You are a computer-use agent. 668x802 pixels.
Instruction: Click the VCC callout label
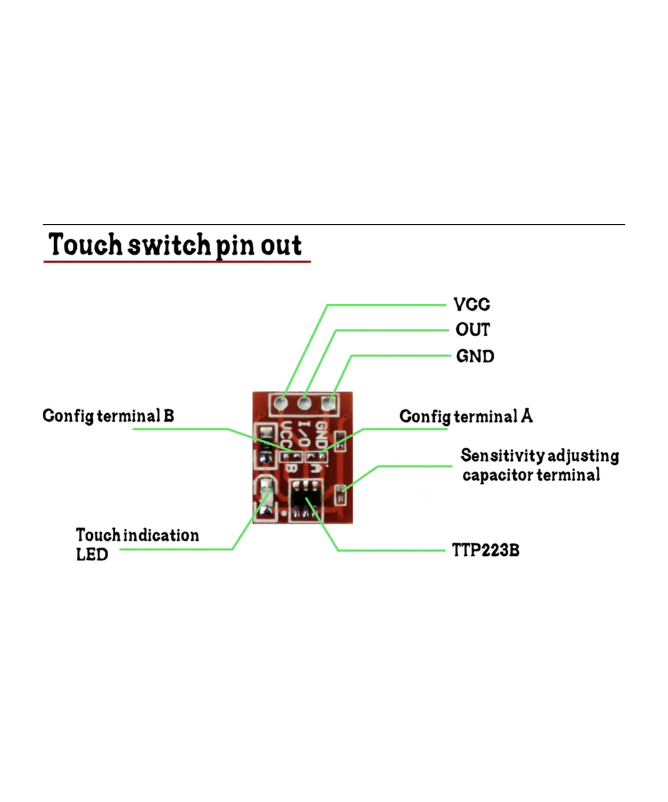[x=472, y=305]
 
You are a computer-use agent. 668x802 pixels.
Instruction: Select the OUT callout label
[x=472, y=330]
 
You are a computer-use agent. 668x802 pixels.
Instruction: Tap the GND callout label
[x=475, y=356]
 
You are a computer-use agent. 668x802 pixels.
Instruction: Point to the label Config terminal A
[x=466, y=417]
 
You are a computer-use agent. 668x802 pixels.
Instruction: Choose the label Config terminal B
[x=108, y=416]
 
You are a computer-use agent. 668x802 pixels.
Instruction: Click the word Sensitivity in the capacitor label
[x=502, y=456]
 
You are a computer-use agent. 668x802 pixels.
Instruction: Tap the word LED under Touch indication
[x=92, y=554]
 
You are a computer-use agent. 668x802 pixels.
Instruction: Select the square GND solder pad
[x=328, y=402]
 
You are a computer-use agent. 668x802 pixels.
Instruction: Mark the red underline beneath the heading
[x=177, y=261]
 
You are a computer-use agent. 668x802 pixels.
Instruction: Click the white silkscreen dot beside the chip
[x=285, y=513]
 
